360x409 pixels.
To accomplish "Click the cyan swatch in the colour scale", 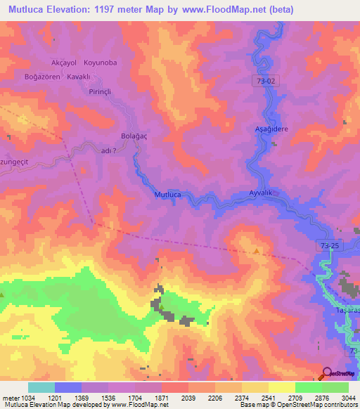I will pos(41,387).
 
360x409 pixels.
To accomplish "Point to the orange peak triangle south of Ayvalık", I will pos(257,252).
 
